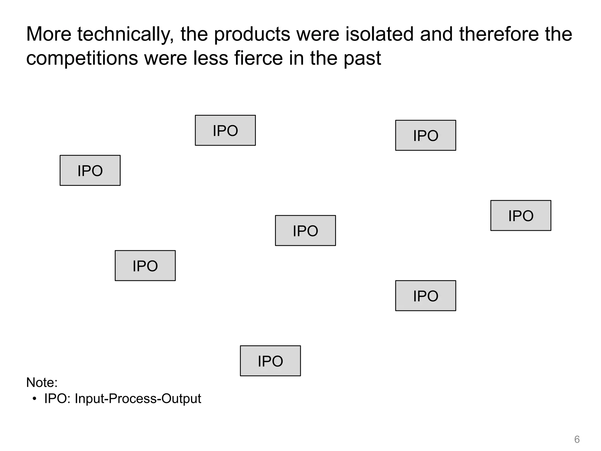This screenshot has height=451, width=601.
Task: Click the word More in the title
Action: click(49, 34)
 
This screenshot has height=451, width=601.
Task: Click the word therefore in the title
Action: click(499, 34)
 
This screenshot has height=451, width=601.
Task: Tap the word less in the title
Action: click(211, 58)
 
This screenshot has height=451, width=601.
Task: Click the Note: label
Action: click(42, 383)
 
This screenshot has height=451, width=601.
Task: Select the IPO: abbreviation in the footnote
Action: click(58, 399)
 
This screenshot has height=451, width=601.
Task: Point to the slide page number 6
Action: click(577, 440)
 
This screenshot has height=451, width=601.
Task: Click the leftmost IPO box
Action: click(90, 171)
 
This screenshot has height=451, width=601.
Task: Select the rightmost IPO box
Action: click(521, 216)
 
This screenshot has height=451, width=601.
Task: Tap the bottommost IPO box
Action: click(270, 361)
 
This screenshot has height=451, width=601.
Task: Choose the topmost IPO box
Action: click(225, 130)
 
